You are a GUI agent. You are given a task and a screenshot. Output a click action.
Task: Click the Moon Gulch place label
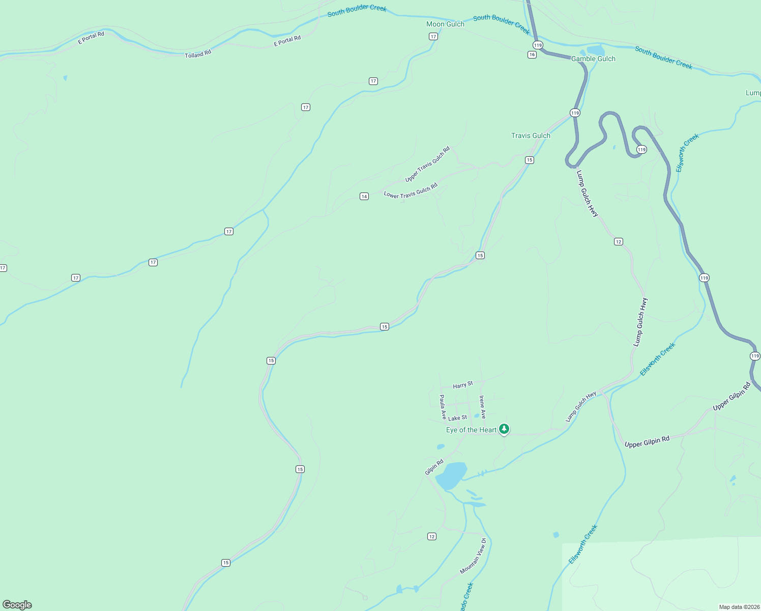[445, 24]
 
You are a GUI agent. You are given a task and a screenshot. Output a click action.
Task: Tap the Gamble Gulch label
[593, 59]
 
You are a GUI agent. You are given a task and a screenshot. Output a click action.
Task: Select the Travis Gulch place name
[531, 135]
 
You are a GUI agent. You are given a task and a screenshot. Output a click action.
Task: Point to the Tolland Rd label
[198, 54]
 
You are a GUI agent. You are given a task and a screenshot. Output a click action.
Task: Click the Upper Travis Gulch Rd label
[427, 164]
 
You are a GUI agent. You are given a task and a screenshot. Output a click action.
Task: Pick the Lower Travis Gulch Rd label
[411, 191]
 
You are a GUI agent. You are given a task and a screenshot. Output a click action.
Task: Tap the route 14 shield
[364, 197]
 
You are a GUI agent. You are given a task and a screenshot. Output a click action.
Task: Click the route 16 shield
[532, 54]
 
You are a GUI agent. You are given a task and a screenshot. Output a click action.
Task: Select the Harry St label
[463, 385]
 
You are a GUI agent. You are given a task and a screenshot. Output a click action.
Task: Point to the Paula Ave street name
[443, 407]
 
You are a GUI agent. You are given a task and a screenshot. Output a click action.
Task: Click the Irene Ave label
[482, 407]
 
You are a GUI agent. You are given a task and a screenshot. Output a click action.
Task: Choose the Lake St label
[457, 418]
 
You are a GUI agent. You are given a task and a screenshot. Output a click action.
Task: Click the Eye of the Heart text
[471, 430]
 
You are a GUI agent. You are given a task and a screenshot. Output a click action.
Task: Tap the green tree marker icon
[504, 429]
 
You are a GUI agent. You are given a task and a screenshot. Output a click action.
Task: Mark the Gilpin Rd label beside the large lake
[434, 467]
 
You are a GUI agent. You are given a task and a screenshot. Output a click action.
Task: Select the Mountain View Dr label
[473, 556]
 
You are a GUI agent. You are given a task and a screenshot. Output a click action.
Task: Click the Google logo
[17, 605]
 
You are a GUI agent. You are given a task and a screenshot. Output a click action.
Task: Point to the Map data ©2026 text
[739, 607]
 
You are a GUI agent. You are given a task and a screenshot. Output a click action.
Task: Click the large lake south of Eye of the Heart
[451, 475]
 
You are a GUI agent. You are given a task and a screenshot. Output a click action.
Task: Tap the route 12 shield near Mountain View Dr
[432, 536]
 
